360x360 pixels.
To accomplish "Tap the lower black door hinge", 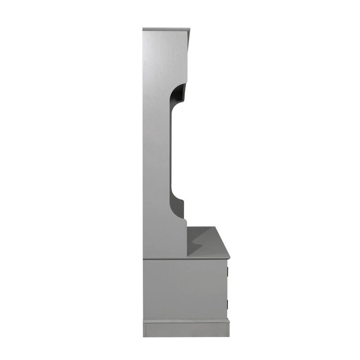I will tap(228, 304).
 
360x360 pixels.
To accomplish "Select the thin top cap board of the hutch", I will tap(166, 29).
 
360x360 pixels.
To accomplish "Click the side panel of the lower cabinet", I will tap(184, 288).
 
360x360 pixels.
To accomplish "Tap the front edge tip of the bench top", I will tap(229, 257).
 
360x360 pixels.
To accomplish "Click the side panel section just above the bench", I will tap(164, 238).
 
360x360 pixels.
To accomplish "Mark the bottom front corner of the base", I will tap(229, 336).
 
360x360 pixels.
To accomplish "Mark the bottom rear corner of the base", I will tap(144, 336).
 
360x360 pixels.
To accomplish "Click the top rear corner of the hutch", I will tap(144, 28).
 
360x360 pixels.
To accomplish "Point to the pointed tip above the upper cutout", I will tap(185, 84).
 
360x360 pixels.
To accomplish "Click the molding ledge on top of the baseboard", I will tap(186, 320).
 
